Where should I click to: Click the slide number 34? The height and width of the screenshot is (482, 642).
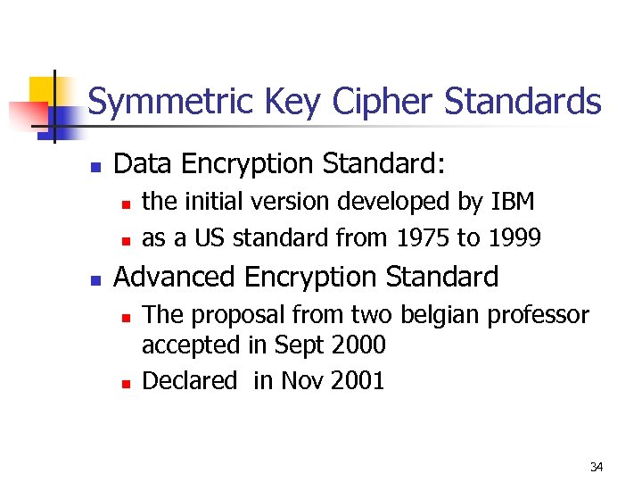(597, 467)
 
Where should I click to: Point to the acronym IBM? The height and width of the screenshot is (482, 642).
(513, 202)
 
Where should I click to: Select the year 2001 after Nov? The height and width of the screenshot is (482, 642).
(357, 381)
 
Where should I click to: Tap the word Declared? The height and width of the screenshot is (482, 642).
(190, 381)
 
